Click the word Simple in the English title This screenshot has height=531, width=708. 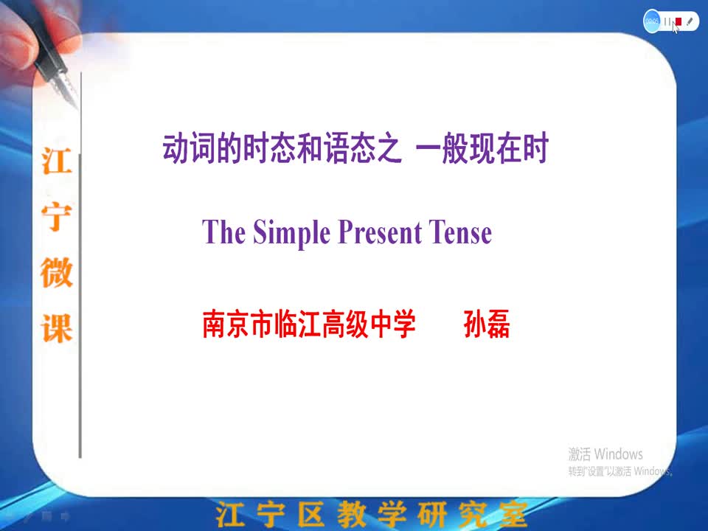(x=292, y=233)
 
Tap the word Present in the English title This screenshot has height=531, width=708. (x=380, y=232)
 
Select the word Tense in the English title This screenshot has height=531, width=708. (x=460, y=232)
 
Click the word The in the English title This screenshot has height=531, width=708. (x=223, y=232)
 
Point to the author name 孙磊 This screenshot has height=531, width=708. (x=487, y=324)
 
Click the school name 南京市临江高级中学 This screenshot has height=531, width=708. (x=309, y=324)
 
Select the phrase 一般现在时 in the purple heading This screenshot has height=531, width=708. (x=482, y=147)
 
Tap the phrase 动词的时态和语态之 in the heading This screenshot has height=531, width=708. (x=282, y=147)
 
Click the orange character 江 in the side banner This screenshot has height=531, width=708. (x=57, y=161)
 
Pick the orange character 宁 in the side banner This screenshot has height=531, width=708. (x=57, y=217)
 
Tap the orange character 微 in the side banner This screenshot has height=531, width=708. (x=57, y=272)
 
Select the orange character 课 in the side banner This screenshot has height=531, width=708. (x=57, y=328)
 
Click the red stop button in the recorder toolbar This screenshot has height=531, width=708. (x=678, y=21)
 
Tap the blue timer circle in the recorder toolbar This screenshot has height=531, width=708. (x=651, y=21)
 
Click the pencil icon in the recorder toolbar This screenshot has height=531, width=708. (x=690, y=21)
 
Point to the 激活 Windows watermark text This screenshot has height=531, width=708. (x=605, y=454)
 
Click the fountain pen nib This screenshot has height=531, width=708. (x=67, y=89)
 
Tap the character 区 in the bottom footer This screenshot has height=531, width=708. (x=310, y=514)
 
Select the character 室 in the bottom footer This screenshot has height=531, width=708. (x=513, y=514)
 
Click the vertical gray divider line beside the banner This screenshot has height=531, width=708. (x=80, y=265)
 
